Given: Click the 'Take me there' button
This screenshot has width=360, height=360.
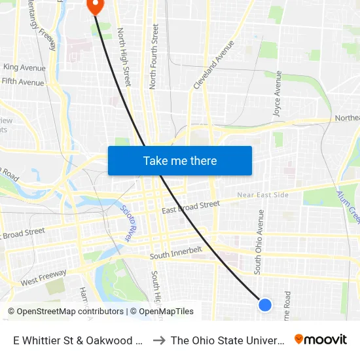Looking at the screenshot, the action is [180, 160].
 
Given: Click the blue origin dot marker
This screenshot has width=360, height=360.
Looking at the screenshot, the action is [265, 304].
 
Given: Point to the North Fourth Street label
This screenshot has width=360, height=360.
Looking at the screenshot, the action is [154, 56].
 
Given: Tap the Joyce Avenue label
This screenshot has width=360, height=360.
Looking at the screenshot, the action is [278, 98].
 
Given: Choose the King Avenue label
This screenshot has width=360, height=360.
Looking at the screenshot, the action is [24, 67].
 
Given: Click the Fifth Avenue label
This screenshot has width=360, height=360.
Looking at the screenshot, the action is [23, 82].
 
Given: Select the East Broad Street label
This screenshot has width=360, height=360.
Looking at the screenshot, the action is [190, 207].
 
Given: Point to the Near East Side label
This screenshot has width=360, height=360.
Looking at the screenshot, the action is [262, 195].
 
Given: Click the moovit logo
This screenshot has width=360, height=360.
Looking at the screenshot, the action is [321, 339].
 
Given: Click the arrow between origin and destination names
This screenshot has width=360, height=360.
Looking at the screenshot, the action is [158, 340].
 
